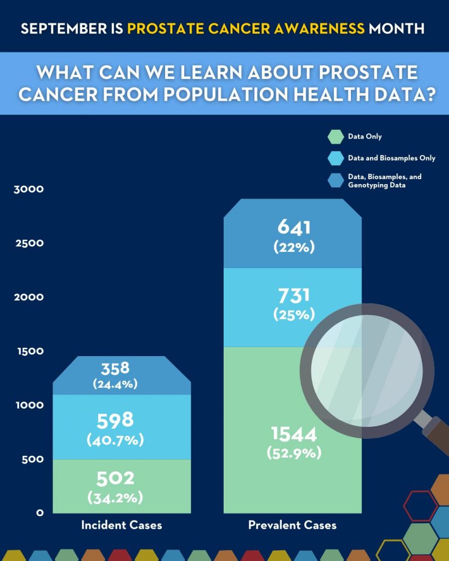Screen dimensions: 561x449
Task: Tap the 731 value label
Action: coord(293,296)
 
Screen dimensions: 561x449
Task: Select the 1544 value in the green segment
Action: coord(293,434)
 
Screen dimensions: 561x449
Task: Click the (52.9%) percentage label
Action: coord(293,454)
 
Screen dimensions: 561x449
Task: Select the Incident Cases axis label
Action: coord(122,525)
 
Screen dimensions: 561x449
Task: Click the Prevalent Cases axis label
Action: coord(292,525)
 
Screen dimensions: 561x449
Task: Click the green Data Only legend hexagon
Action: coord(335,137)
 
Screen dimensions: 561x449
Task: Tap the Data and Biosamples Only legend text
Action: coord(391,158)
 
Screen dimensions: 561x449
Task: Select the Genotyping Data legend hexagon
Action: coord(335,181)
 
